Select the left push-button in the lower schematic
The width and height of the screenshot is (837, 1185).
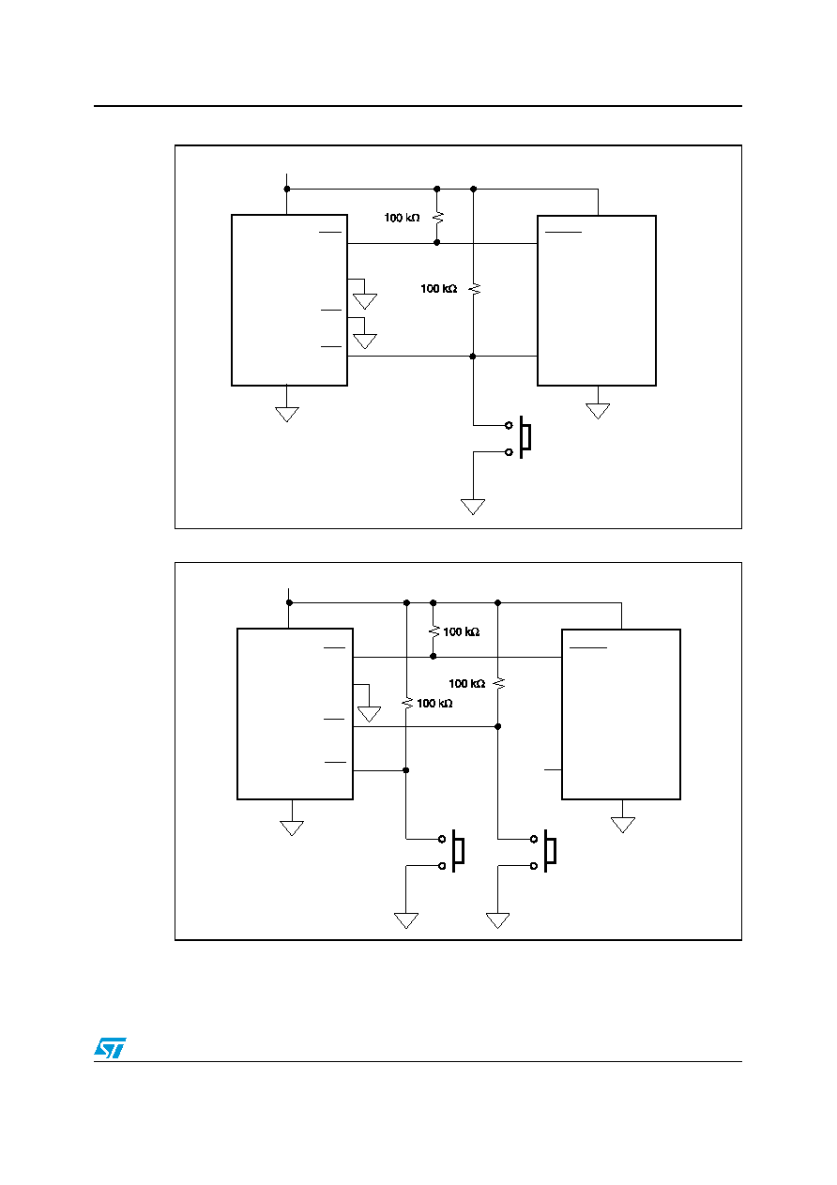point(452,852)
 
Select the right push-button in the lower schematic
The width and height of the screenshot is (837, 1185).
point(544,852)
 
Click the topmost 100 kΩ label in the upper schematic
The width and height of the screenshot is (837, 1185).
point(402,218)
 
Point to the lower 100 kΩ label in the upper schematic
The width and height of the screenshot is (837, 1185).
point(438,288)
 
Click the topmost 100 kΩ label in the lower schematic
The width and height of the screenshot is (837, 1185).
point(462,631)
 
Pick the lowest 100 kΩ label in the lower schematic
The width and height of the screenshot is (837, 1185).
point(434,703)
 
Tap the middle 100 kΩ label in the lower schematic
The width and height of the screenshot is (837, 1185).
point(466,683)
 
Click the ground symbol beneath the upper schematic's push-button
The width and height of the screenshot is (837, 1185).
point(473,507)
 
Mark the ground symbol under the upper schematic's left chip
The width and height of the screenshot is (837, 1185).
point(287,414)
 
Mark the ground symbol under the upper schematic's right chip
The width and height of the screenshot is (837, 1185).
point(598,411)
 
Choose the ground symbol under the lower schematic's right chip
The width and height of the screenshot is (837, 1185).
point(623,825)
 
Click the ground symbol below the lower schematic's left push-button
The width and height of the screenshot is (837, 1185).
point(406,920)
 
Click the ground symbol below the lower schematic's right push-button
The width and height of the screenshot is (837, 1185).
point(498,920)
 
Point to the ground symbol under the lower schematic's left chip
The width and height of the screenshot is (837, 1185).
point(292,828)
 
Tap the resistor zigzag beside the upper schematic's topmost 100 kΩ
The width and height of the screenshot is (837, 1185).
point(437,218)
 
